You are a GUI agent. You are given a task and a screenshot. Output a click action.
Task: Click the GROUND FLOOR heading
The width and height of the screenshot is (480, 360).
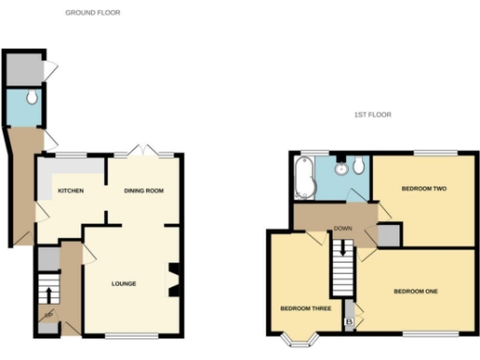click(92, 13)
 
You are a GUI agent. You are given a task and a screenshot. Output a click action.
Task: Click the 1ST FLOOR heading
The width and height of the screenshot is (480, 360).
click(372, 115)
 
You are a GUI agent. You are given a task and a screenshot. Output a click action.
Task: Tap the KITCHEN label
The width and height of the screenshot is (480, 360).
click(70, 191)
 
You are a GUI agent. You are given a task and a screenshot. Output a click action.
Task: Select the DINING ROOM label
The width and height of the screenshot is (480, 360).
click(144, 191)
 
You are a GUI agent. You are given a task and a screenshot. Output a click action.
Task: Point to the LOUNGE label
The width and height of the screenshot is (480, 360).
click(124, 283)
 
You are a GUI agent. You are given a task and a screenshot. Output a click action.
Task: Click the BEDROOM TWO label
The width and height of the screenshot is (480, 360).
click(423, 188)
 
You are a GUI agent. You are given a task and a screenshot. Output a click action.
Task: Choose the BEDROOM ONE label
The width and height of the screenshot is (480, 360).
click(415, 291)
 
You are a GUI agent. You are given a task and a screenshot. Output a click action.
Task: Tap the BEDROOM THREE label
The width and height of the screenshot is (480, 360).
click(299, 308)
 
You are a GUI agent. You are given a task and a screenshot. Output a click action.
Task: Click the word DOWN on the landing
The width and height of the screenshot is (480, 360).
click(343, 228)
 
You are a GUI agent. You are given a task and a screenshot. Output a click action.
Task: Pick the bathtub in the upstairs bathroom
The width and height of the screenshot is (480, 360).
click(302, 176)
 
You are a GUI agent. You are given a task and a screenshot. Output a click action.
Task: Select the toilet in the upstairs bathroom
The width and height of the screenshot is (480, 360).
click(358, 166)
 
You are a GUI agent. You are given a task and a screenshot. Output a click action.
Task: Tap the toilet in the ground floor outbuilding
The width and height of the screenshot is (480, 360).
click(32, 97)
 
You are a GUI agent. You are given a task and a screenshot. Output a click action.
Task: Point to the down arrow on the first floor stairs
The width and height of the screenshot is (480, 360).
click(343, 248)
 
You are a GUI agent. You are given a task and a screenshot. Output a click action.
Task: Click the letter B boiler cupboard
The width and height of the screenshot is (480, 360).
click(350, 322)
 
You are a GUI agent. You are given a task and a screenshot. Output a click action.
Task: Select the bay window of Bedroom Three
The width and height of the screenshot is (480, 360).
click(300, 339)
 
